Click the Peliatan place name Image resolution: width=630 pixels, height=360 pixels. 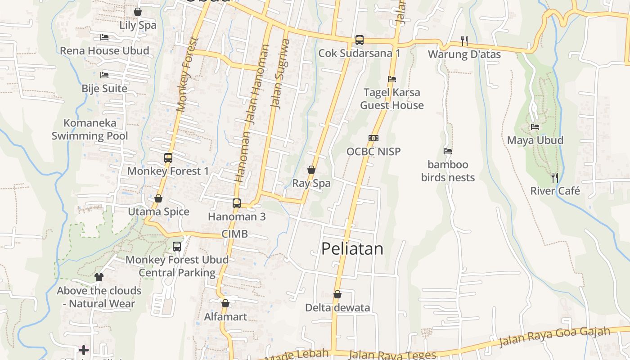tap(352, 249)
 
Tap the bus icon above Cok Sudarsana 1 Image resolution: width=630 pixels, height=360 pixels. tap(359, 40)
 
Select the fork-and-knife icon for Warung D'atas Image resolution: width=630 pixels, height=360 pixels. tap(464, 41)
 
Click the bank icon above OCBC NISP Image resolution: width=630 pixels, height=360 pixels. tap(373, 138)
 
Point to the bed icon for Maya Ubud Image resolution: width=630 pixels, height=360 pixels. tap(535, 127)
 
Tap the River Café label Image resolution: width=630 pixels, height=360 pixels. tap(555, 191)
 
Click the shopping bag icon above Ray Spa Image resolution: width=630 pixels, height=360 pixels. tap(311, 170)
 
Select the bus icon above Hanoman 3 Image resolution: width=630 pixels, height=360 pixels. tap(237, 203)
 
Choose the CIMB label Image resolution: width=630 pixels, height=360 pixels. tap(234, 234)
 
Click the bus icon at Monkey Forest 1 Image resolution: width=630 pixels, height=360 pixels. tap(168, 158)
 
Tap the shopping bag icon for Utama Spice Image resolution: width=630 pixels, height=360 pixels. tap(158, 198)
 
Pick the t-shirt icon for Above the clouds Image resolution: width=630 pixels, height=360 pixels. tap(99, 277)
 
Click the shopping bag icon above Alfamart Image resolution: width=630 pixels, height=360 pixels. tap(225, 303)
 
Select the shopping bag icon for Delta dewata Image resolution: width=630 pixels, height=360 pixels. tap(337, 294)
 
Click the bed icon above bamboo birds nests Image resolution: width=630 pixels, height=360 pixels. tap(448, 151)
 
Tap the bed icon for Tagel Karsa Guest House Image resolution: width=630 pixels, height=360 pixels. tap(392, 79)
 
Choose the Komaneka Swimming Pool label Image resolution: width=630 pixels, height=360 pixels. tap(90, 129)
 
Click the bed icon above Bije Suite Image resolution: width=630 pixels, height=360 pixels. tap(104, 75)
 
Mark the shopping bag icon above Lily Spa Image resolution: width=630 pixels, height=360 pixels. tap(138, 12)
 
